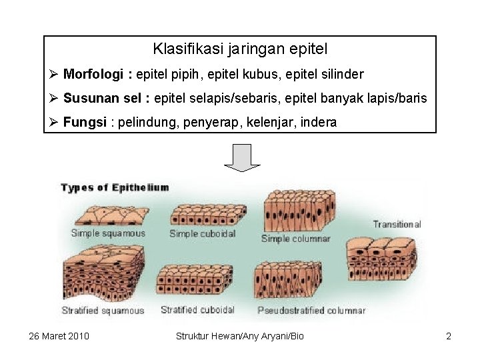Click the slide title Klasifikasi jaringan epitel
tap(240, 49)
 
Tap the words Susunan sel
tap(102, 99)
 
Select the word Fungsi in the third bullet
tap(85, 123)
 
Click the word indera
tap(319, 123)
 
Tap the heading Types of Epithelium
tap(115, 187)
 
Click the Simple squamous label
tap(108, 233)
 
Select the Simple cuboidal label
tap(203, 233)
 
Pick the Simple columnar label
tap(295, 238)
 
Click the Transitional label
tap(397, 225)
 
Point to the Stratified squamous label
tap(103, 311)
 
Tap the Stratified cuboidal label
tap(197, 310)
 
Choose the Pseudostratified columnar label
tap(311, 311)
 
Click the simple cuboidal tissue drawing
tap(204, 215)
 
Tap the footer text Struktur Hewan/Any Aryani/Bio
tap(239, 336)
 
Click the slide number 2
tap(449, 336)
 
